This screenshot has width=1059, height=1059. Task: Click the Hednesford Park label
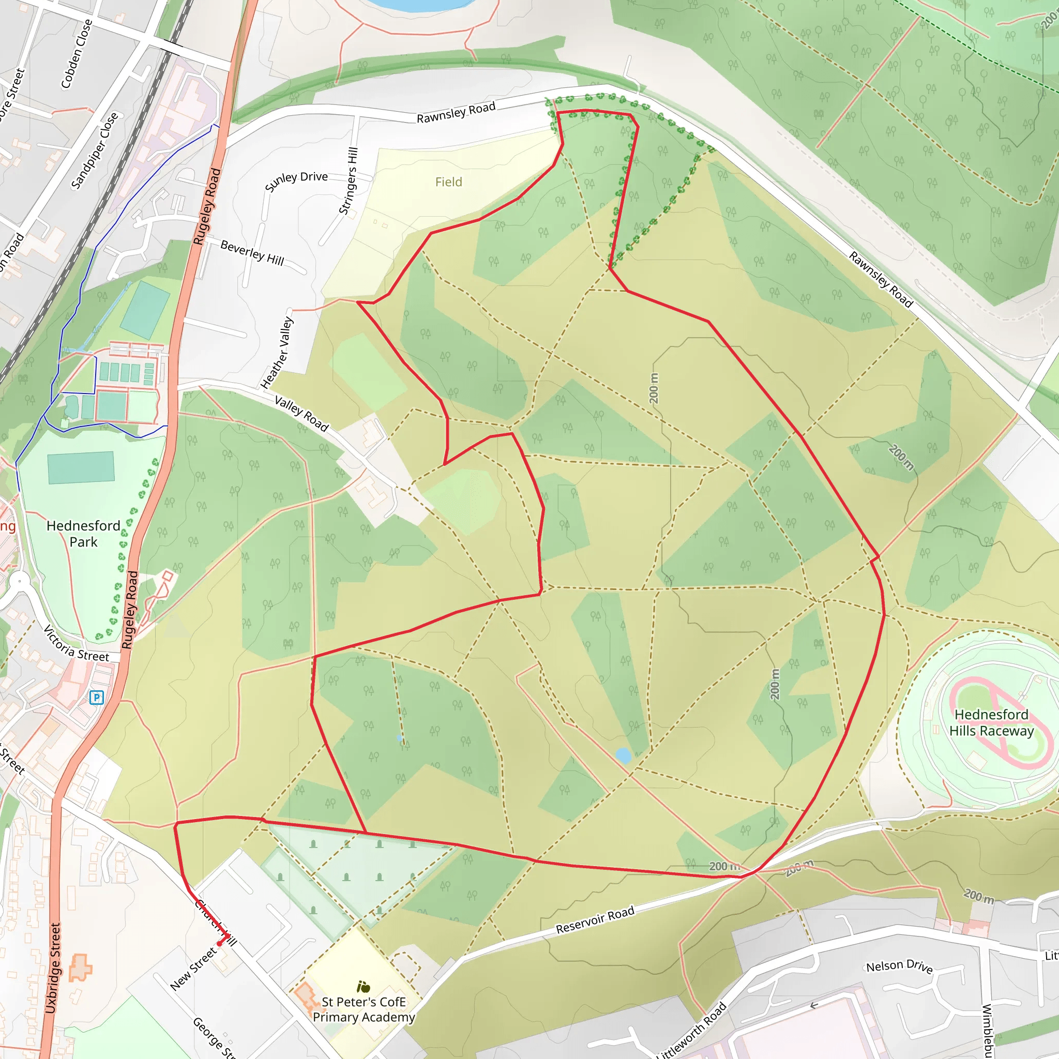coord(83,533)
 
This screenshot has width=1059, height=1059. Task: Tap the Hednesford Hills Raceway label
coord(992,722)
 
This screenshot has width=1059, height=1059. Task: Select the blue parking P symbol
coord(97,697)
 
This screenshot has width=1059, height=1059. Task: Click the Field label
coord(448,182)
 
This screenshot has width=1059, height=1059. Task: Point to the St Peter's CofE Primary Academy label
coord(364,1009)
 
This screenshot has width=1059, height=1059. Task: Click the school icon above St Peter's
coord(364,987)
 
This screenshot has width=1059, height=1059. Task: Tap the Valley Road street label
coord(301,414)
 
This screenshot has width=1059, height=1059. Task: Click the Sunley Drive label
coord(296,181)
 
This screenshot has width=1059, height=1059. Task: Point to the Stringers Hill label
coord(349,181)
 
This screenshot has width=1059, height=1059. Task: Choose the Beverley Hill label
coord(252,253)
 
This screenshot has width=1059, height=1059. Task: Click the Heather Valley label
coord(277,354)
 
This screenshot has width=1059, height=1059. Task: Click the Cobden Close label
coord(76,54)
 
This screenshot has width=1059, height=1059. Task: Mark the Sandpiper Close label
coord(94,151)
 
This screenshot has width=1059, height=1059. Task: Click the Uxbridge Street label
coord(53,968)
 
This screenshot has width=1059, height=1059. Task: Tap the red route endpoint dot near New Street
coord(220,944)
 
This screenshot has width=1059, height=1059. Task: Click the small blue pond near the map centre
coord(623,755)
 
